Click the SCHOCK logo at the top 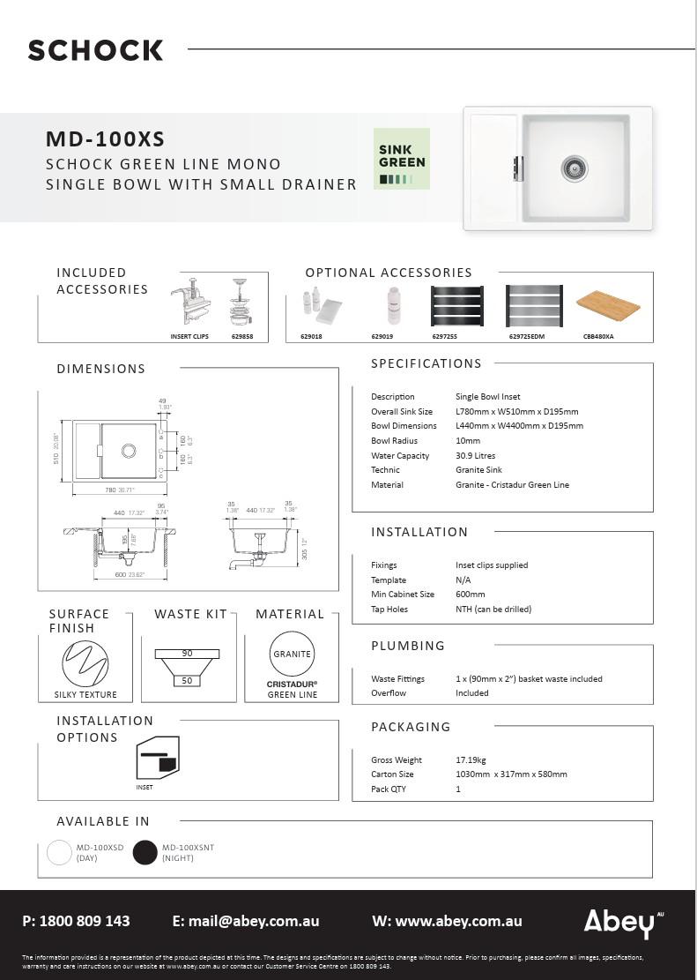tap(95, 50)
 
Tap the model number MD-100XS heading tap(105, 139)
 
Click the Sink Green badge tap(402, 159)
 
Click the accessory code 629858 tap(242, 337)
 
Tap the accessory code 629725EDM tap(527, 337)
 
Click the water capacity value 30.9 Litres tap(475, 456)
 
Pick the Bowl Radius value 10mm tap(468, 441)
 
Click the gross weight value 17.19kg tap(471, 760)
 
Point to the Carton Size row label tap(392, 774)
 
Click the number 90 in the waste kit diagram tap(187, 654)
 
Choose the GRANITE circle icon tap(292, 655)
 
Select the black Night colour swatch tap(145, 852)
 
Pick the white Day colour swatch tap(60, 852)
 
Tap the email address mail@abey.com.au tap(246, 921)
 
